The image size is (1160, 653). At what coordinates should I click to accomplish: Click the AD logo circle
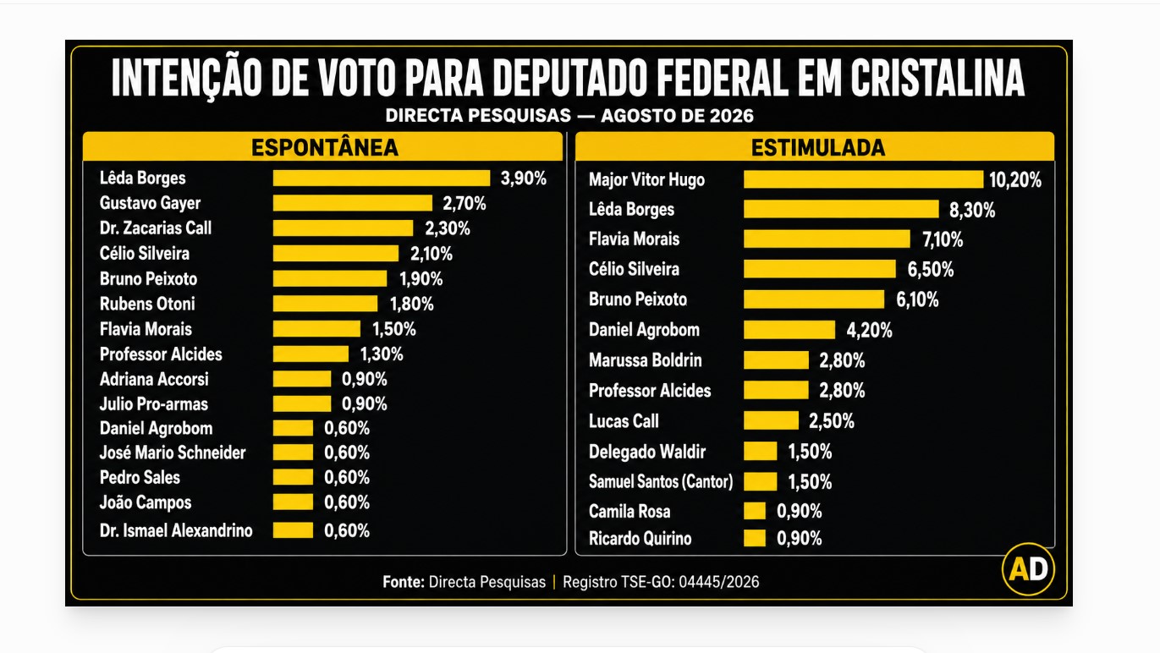pyautogui.click(x=1028, y=569)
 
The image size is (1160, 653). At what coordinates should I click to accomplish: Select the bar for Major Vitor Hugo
pyautogui.click(x=863, y=179)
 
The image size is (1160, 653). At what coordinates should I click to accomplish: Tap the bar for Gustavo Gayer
pyautogui.click(x=353, y=203)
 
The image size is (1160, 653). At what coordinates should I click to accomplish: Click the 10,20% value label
pyautogui.click(x=1015, y=180)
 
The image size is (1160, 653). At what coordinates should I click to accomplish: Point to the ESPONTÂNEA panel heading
pyautogui.click(x=325, y=147)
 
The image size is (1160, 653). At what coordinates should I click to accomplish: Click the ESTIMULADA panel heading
pyautogui.click(x=817, y=147)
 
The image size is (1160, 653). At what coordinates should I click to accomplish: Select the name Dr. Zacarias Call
pyautogui.click(x=156, y=228)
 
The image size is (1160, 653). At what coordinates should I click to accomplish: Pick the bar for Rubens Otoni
pyautogui.click(x=325, y=304)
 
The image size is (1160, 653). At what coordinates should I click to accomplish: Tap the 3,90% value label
pyautogui.click(x=523, y=178)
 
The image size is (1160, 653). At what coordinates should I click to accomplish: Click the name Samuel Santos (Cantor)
pyautogui.click(x=661, y=481)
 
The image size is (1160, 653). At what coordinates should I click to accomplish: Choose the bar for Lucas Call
pyautogui.click(x=771, y=420)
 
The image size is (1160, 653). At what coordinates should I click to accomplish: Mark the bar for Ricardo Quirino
pyautogui.click(x=755, y=538)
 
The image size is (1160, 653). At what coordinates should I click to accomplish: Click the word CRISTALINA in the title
pyautogui.click(x=937, y=78)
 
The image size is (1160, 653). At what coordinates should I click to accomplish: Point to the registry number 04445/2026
pyautogui.click(x=719, y=582)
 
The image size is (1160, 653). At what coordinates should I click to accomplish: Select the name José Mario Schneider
pyautogui.click(x=173, y=453)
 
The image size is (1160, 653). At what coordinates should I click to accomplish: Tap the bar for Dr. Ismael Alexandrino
pyautogui.click(x=293, y=530)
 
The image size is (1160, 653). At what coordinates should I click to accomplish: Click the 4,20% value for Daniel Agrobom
pyautogui.click(x=869, y=330)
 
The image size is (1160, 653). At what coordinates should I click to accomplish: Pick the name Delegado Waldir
pyautogui.click(x=647, y=452)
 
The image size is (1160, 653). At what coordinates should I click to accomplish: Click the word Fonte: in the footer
pyautogui.click(x=404, y=582)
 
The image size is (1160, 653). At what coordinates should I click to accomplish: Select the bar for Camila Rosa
pyautogui.click(x=755, y=511)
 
